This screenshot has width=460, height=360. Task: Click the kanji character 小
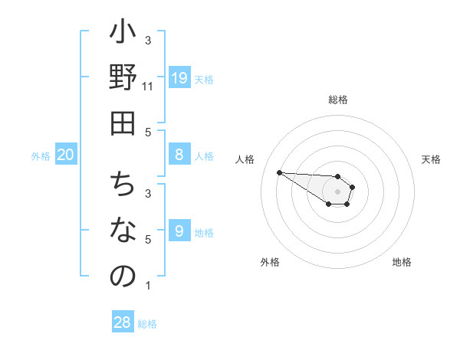click(x=123, y=34)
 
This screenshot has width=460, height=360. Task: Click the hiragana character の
click(x=123, y=277)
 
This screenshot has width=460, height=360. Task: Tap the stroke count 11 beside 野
click(x=148, y=86)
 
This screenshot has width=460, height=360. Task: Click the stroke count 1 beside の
click(x=148, y=286)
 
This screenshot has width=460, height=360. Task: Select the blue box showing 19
click(x=179, y=77)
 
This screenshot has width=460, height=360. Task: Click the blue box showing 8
click(x=179, y=155)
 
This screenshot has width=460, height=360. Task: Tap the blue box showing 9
click(x=179, y=231)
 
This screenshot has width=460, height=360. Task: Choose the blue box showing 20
click(x=65, y=155)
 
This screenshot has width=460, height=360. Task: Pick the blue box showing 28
click(x=122, y=322)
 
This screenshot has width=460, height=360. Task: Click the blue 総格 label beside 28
click(x=147, y=324)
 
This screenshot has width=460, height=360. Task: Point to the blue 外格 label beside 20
click(x=41, y=156)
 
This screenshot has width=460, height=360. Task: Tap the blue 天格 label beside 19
click(x=204, y=79)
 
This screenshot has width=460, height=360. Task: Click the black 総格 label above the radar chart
click(x=337, y=100)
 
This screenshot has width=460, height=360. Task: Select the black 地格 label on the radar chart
click(x=402, y=262)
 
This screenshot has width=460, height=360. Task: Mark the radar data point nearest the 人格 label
click(x=279, y=172)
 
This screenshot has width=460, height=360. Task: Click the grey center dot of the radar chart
click(x=337, y=191)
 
